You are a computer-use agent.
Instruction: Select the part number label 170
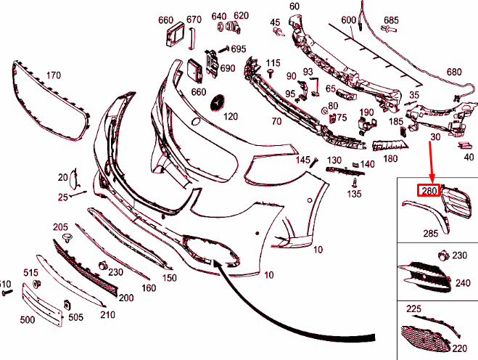pos(53,75)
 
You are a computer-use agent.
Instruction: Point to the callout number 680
pos(453,72)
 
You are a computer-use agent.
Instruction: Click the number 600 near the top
pos(349,20)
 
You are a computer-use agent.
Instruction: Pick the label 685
pos(391,20)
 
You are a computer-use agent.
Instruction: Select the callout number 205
pos(61,227)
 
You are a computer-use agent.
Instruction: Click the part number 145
pos(302,160)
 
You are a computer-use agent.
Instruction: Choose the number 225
pos(413,309)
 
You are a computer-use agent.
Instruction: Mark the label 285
pos(431,234)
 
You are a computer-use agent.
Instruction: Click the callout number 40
pos(468,156)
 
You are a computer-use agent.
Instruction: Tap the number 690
pos(228,69)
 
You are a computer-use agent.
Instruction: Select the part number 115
pos(273,63)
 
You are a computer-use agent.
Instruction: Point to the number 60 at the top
pos(294,7)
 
